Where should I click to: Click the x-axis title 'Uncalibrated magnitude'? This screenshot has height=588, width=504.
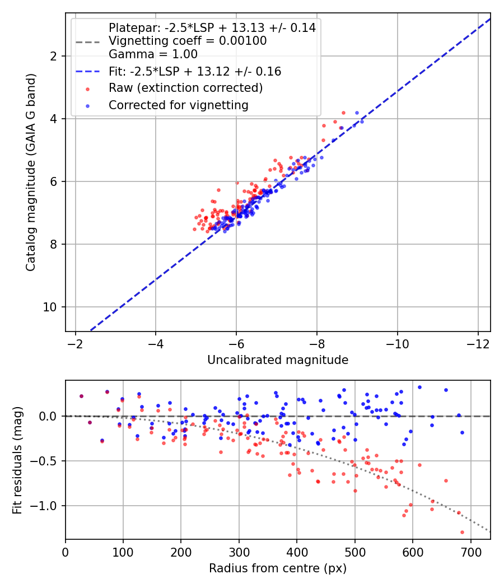278,360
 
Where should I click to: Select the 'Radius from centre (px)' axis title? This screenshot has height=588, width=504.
278,568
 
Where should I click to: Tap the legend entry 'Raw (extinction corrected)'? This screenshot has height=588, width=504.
185,88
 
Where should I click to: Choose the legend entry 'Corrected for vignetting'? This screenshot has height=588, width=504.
179,105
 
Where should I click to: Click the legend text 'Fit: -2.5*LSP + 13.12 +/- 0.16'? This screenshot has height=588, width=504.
195,72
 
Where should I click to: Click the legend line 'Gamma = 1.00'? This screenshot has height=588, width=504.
153,54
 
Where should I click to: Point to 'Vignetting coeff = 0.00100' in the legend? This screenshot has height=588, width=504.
188,41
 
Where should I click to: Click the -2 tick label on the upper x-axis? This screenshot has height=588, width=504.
76,343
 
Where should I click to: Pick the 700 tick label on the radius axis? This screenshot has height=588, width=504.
470,551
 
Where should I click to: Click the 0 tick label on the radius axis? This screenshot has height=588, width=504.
66,551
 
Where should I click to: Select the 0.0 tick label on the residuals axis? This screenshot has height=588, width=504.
49,416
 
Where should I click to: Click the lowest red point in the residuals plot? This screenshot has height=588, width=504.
462,532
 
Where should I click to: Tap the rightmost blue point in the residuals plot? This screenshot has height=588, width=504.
462,432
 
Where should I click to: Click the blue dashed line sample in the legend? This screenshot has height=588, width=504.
88,72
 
